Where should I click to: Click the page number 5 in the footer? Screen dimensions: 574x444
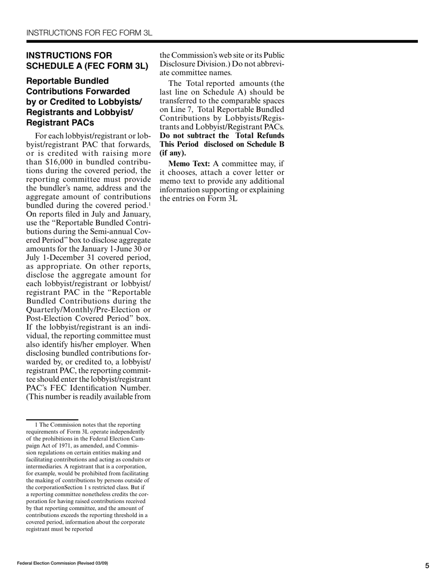point(427,566)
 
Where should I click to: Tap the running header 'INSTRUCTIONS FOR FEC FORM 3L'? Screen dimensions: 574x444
point(89,33)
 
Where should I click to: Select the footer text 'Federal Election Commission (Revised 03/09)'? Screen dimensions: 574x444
point(63,563)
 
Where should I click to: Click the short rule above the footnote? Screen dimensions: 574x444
point(52,420)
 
